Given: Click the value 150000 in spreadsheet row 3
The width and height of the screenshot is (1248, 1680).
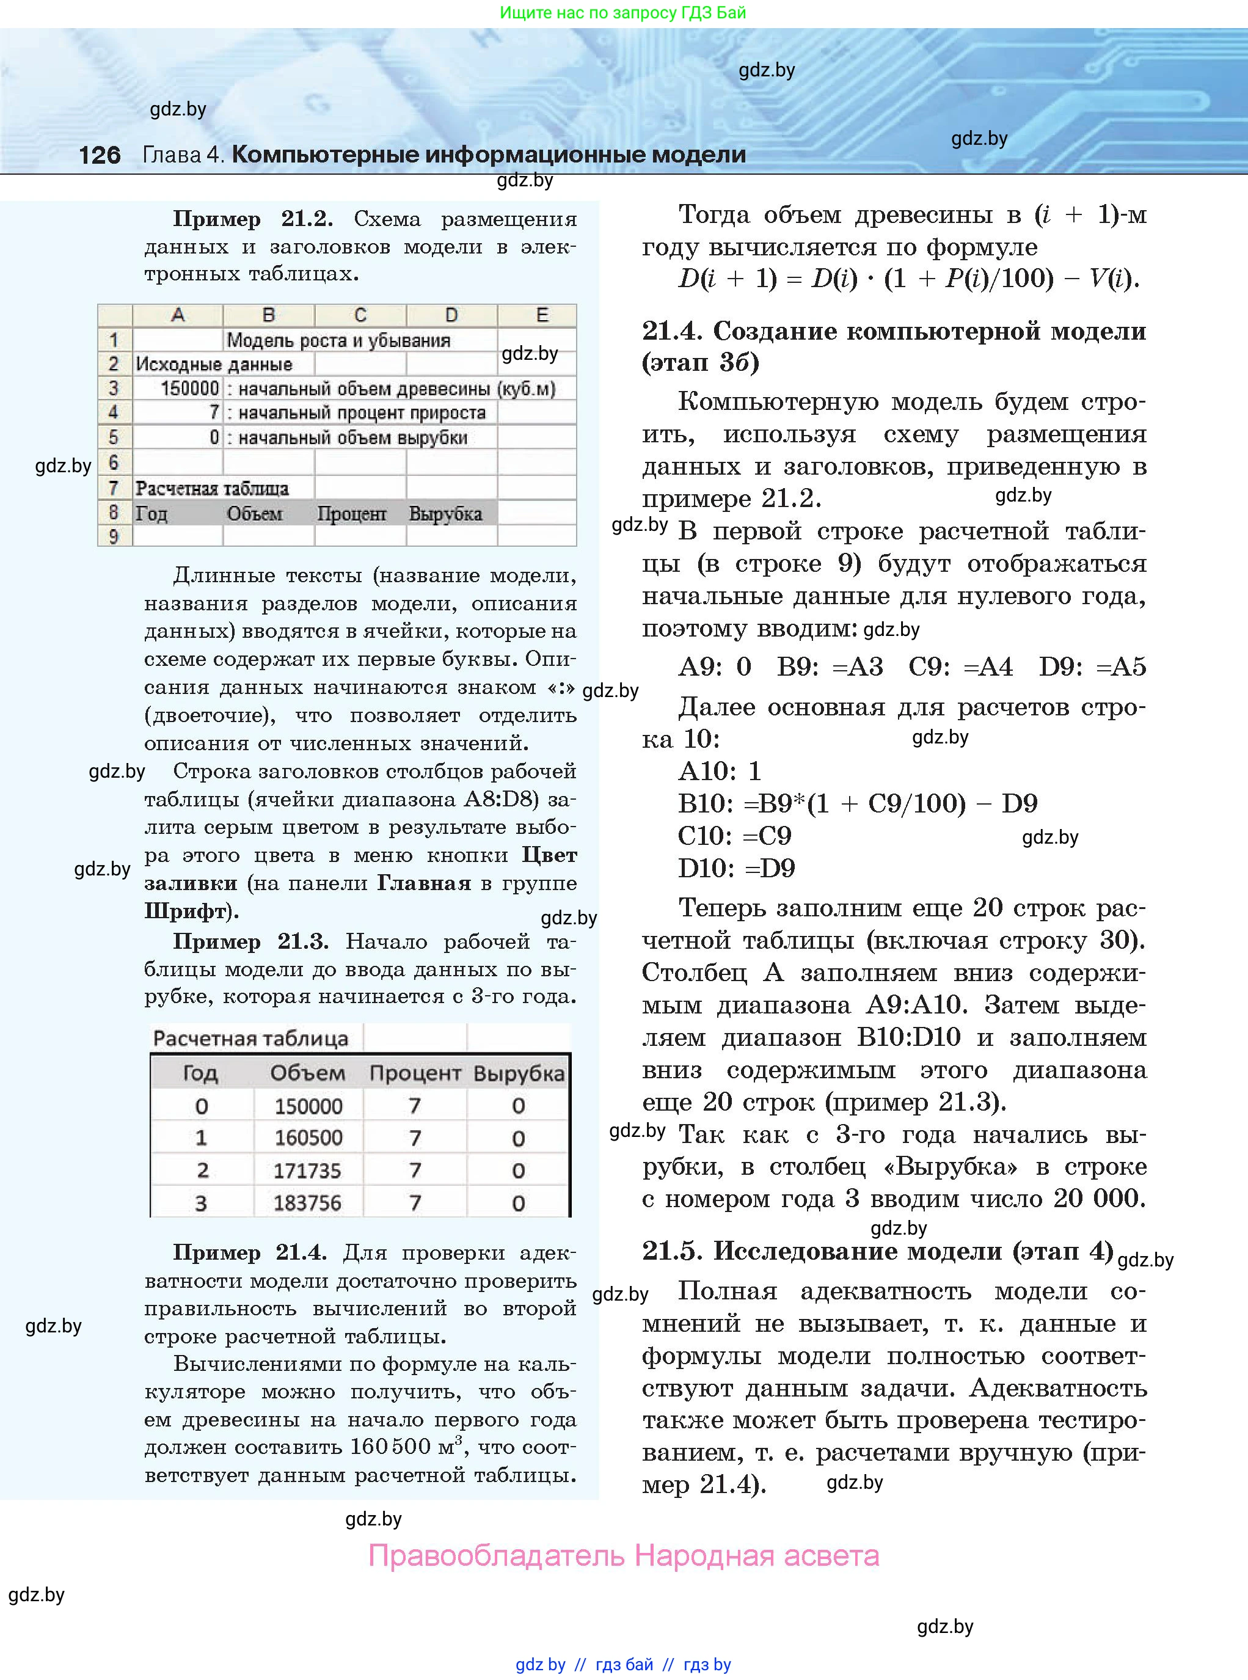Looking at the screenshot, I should [x=189, y=389].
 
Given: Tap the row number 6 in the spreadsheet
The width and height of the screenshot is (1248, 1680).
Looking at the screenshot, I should [x=114, y=462].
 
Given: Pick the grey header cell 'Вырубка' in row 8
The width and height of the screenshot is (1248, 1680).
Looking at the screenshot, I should [x=446, y=514].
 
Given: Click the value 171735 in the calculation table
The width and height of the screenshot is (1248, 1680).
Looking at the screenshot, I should [x=307, y=1170].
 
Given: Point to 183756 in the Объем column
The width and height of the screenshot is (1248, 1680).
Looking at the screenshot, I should [x=307, y=1203].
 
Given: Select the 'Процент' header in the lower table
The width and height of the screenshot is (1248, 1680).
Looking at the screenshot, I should [x=415, y=1073].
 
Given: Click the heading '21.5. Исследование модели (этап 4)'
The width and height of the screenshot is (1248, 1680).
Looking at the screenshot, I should [x=877, y=1251].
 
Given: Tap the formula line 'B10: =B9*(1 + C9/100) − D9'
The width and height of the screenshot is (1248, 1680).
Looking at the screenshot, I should [x=858, y=803].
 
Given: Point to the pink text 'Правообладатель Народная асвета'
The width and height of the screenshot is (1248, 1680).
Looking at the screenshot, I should [x=623, y=1555].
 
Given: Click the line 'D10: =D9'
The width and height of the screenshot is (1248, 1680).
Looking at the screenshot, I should [x=737, y=868].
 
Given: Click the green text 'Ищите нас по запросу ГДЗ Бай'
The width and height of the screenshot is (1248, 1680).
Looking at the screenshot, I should [x=623, y=13].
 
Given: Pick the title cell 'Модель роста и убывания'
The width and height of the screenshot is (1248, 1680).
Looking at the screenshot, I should [x=338, y=340].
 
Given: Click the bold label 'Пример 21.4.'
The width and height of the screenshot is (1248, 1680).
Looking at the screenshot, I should [x=249, y=1252].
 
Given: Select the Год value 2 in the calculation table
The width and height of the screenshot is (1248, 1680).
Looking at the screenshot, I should [x=202, y=1170].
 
